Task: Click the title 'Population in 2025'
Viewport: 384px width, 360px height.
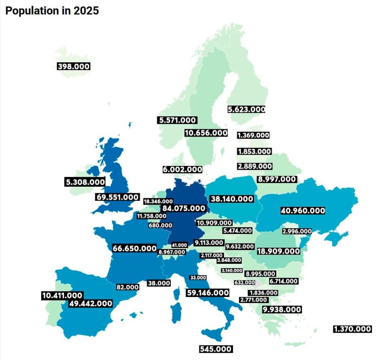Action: point(52,11)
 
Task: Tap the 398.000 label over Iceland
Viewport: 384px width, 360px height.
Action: point(73,66)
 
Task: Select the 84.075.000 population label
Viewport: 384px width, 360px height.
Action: point(184,208)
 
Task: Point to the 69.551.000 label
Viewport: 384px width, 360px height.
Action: point(118,197)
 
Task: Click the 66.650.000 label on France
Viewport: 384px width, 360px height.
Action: point(135,248)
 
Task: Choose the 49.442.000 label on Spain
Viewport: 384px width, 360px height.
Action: point(91,303)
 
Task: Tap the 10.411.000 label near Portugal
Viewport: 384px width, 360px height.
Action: point(62,295)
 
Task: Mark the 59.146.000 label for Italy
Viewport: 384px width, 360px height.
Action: point(207,292)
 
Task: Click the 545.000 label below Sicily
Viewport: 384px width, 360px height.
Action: point(216,349)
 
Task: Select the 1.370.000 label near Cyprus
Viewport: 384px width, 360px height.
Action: point(352,329)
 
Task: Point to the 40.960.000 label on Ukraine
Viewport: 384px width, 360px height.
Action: point(303,211)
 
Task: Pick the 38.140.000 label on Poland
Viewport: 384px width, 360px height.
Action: point(232,199)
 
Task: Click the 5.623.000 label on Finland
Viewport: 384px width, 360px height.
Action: point(246,109)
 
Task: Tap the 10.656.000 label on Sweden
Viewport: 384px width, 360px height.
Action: point(206,133)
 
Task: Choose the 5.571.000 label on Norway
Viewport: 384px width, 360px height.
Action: point(177,120)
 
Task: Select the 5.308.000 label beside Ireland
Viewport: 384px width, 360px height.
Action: point(85,182)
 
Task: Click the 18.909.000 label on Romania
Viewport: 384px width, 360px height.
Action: point(279,251)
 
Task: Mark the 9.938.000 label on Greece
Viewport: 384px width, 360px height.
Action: point(282,309)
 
